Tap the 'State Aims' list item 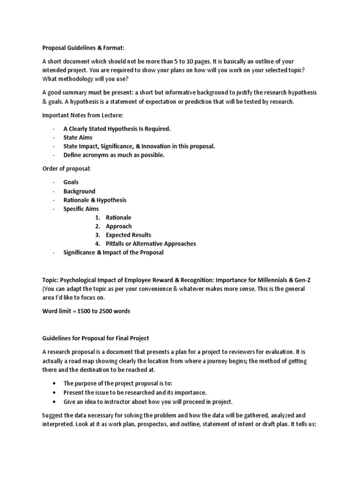pyautogui.click(x=78, y=137)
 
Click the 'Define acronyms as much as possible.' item pyautogui.click(x=114, y=155)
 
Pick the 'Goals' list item pyautogui.click(x=71, y=182)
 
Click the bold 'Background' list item pyautogui.click(x=79, y=191)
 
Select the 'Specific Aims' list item pyautogui.click(x=81, y=209)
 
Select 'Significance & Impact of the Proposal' pyautogui.click(x=113, y=253)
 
